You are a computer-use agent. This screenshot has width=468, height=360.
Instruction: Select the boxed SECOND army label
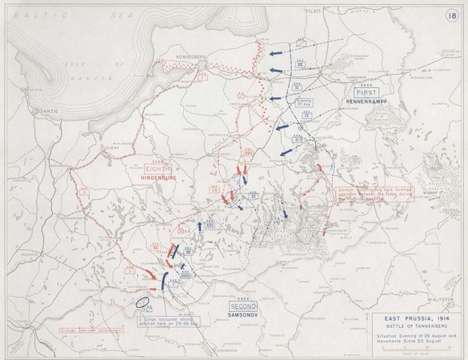click(x=244, y=307)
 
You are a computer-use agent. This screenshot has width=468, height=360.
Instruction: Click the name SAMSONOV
click(x=244, y=318)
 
